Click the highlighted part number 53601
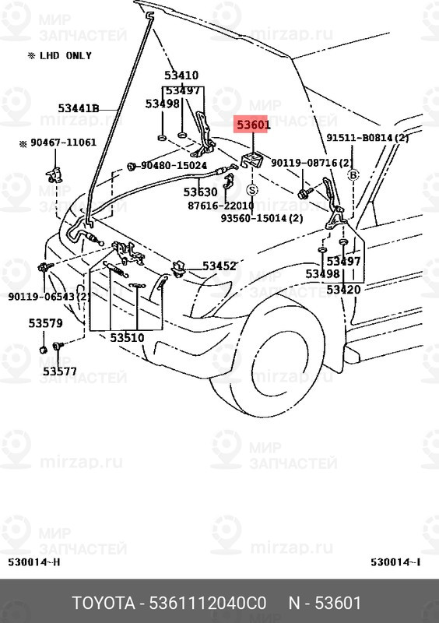(253, 124)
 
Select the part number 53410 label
(181, 76)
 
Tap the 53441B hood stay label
(78, 108)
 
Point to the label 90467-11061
(63, 143)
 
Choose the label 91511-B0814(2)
(367, 138)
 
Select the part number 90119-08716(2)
(318, 163)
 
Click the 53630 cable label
(200, 192)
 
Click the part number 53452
(219, 266)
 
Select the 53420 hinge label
(343, 290)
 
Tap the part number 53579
(46, 322)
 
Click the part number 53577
(59, 371)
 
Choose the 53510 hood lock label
(126, 338)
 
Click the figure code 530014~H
(33, 563)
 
